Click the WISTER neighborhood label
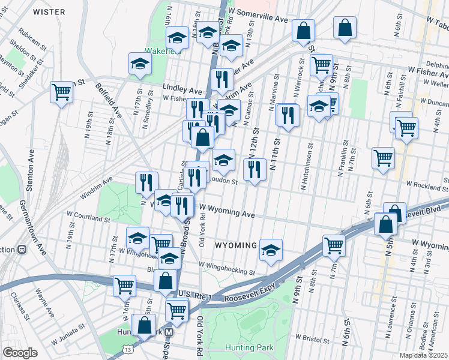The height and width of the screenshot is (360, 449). coord(49,11)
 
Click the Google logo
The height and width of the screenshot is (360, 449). coord(19,353)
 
